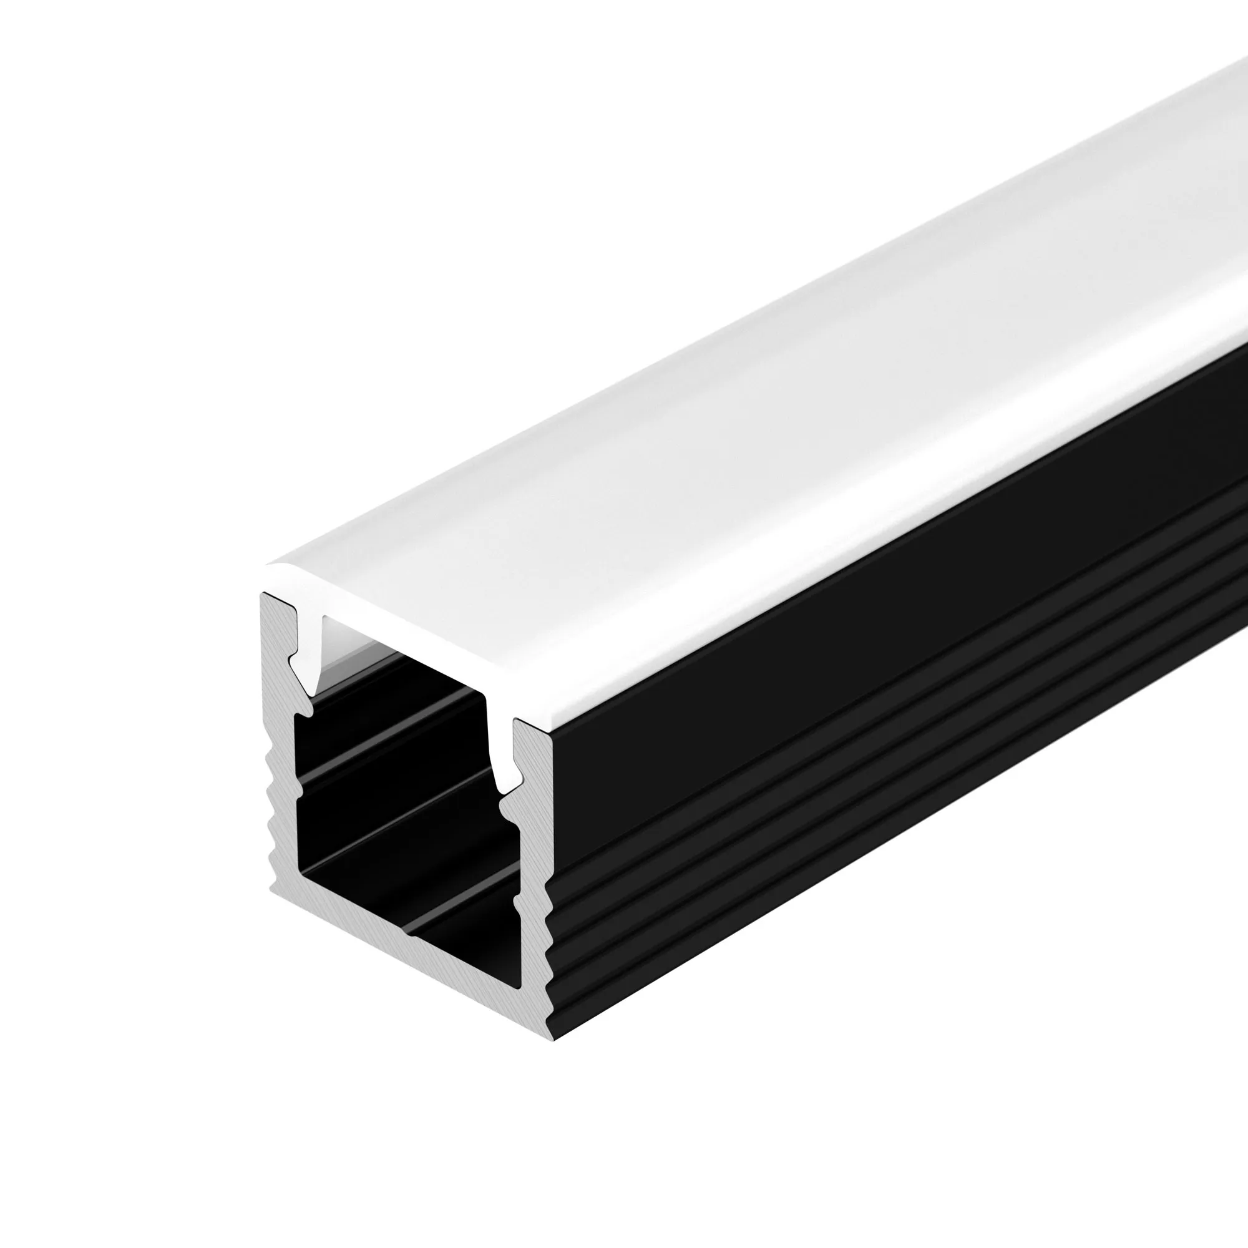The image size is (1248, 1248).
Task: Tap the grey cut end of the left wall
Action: pyautogui.click(x=279, y=743)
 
